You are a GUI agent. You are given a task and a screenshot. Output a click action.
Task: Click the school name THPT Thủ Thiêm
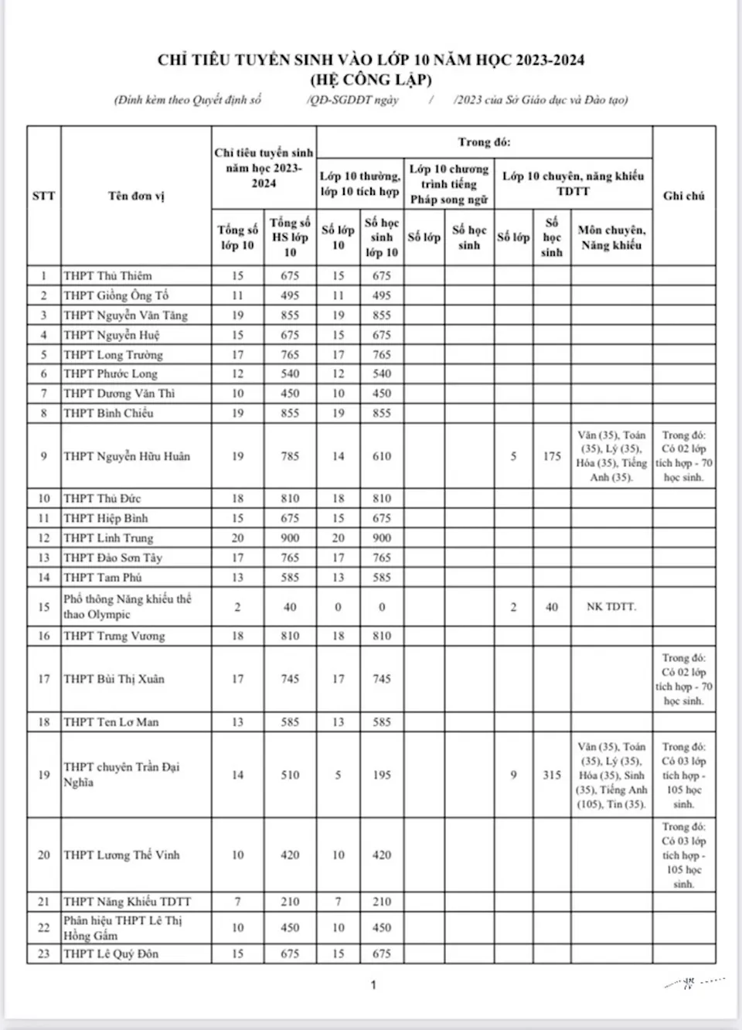[x=107, y=276]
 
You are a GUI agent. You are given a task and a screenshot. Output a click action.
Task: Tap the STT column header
[x=44, y=196]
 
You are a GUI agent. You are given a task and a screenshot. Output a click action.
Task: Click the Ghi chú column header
[x=683, y=196]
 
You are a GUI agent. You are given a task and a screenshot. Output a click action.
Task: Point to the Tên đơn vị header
[x=136, y=196]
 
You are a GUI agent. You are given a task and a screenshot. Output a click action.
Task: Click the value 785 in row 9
[x=290, y=456]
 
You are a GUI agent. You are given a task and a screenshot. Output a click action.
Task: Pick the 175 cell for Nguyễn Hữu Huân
[x=551, y=456]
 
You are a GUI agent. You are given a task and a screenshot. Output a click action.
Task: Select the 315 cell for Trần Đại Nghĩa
[x=551, y=775]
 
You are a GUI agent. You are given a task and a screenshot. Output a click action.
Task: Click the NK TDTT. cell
[x=611, y=607]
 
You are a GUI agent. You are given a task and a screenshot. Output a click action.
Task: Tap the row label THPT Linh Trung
[x=108, y=538]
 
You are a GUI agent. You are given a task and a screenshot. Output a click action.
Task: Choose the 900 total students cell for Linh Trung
[x=290, y=538]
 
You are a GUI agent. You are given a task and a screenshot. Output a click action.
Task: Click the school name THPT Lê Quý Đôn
[x=111, y=954]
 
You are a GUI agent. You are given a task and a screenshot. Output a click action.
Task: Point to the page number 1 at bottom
[x=373, y=985]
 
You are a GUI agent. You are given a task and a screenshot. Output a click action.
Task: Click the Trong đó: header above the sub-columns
[x=484, y=142]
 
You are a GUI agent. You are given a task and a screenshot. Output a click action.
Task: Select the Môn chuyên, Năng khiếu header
[x=611, y=237]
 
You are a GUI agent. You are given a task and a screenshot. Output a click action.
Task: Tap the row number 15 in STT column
[x=44, y=607]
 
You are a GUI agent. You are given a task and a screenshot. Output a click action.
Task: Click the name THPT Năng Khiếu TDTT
[x=127, y=902]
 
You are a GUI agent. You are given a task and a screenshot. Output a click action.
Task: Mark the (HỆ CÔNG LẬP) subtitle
[x=371, y=80]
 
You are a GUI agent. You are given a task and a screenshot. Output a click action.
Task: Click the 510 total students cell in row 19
[x=290, y=775]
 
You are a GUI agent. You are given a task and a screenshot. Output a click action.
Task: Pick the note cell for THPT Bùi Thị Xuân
[x=683, y=679]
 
